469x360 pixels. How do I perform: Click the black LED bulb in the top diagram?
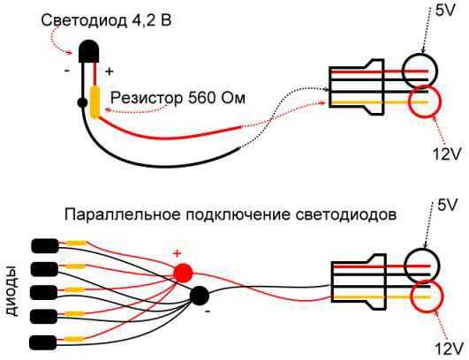[x=88, y=51]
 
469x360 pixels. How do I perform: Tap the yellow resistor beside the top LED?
[x=95, y=101]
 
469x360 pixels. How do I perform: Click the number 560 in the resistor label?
[x=201, y=97]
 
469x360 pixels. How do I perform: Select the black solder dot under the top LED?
[x=82, y=102]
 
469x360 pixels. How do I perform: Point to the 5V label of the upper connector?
[x=445, y=11]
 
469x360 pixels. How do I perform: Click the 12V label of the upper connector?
[x=446, y=154]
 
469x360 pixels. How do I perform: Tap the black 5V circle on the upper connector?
[x=420, y=71]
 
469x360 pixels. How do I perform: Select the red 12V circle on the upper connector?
[x=425, y=101]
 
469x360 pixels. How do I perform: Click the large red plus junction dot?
[x=183, y=273]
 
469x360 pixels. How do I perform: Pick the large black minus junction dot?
[x=200, y=296]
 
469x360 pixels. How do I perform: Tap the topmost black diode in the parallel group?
[x=45, y=246]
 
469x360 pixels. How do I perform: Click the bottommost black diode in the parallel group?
[x=43, y=342]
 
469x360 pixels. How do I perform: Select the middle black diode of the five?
[x=44, y=292]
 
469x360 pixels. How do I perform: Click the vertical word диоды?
[x=12, y=291]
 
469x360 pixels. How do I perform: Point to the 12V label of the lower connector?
[x=447, y=349]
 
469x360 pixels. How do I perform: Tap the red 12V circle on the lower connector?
[x=427, y=296]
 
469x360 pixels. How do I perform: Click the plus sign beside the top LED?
[x=110, y=71]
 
